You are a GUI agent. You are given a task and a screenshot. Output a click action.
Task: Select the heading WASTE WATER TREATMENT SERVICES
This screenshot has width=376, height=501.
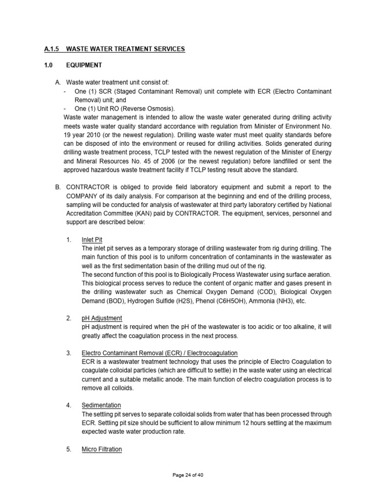coord(125,49)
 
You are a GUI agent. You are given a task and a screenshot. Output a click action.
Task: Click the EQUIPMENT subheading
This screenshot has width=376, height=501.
coord(84,65)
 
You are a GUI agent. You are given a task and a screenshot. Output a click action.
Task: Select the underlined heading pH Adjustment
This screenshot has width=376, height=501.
coord(102,318)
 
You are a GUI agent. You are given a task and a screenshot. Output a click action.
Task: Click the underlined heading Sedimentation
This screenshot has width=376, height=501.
coord(101,405)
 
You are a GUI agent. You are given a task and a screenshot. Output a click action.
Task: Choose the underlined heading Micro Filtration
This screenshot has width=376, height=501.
coord(102,449)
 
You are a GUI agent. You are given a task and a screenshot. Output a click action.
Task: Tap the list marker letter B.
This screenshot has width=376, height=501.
coord(57,187)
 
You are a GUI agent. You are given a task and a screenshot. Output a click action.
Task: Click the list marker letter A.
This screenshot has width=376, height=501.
coord(57,82)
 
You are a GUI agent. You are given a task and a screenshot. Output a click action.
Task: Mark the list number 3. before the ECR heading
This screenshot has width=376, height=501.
coord(69,353)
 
